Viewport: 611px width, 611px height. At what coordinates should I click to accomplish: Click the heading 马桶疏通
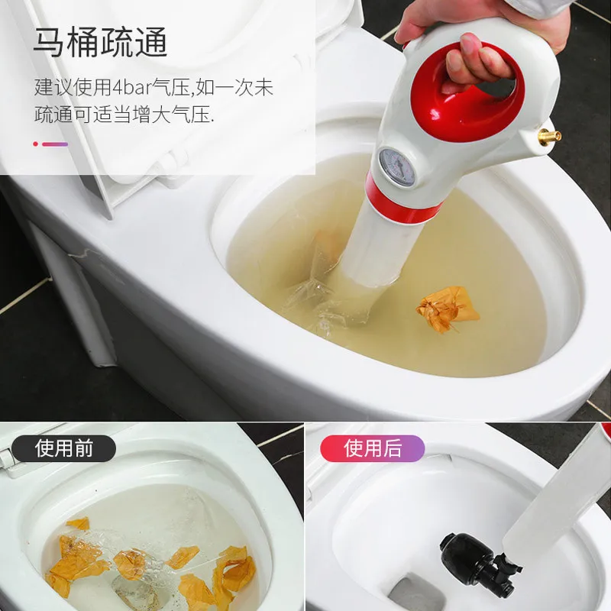[x=101, y=42]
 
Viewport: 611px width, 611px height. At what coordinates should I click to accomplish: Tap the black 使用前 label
[x=63, y=448]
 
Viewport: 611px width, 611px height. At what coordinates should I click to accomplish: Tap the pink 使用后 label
[x=373, y=448]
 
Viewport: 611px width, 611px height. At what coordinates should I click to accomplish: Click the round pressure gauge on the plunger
[x=396, y=167]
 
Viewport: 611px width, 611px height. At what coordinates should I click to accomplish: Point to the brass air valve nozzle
[x=550, y=136]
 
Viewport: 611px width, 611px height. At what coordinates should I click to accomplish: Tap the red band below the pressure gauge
[x=406, y=205]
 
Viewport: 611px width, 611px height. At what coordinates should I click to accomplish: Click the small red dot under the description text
[x=36, y=144]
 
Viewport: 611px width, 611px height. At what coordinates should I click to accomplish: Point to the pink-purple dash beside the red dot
[x=55, y=144]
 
